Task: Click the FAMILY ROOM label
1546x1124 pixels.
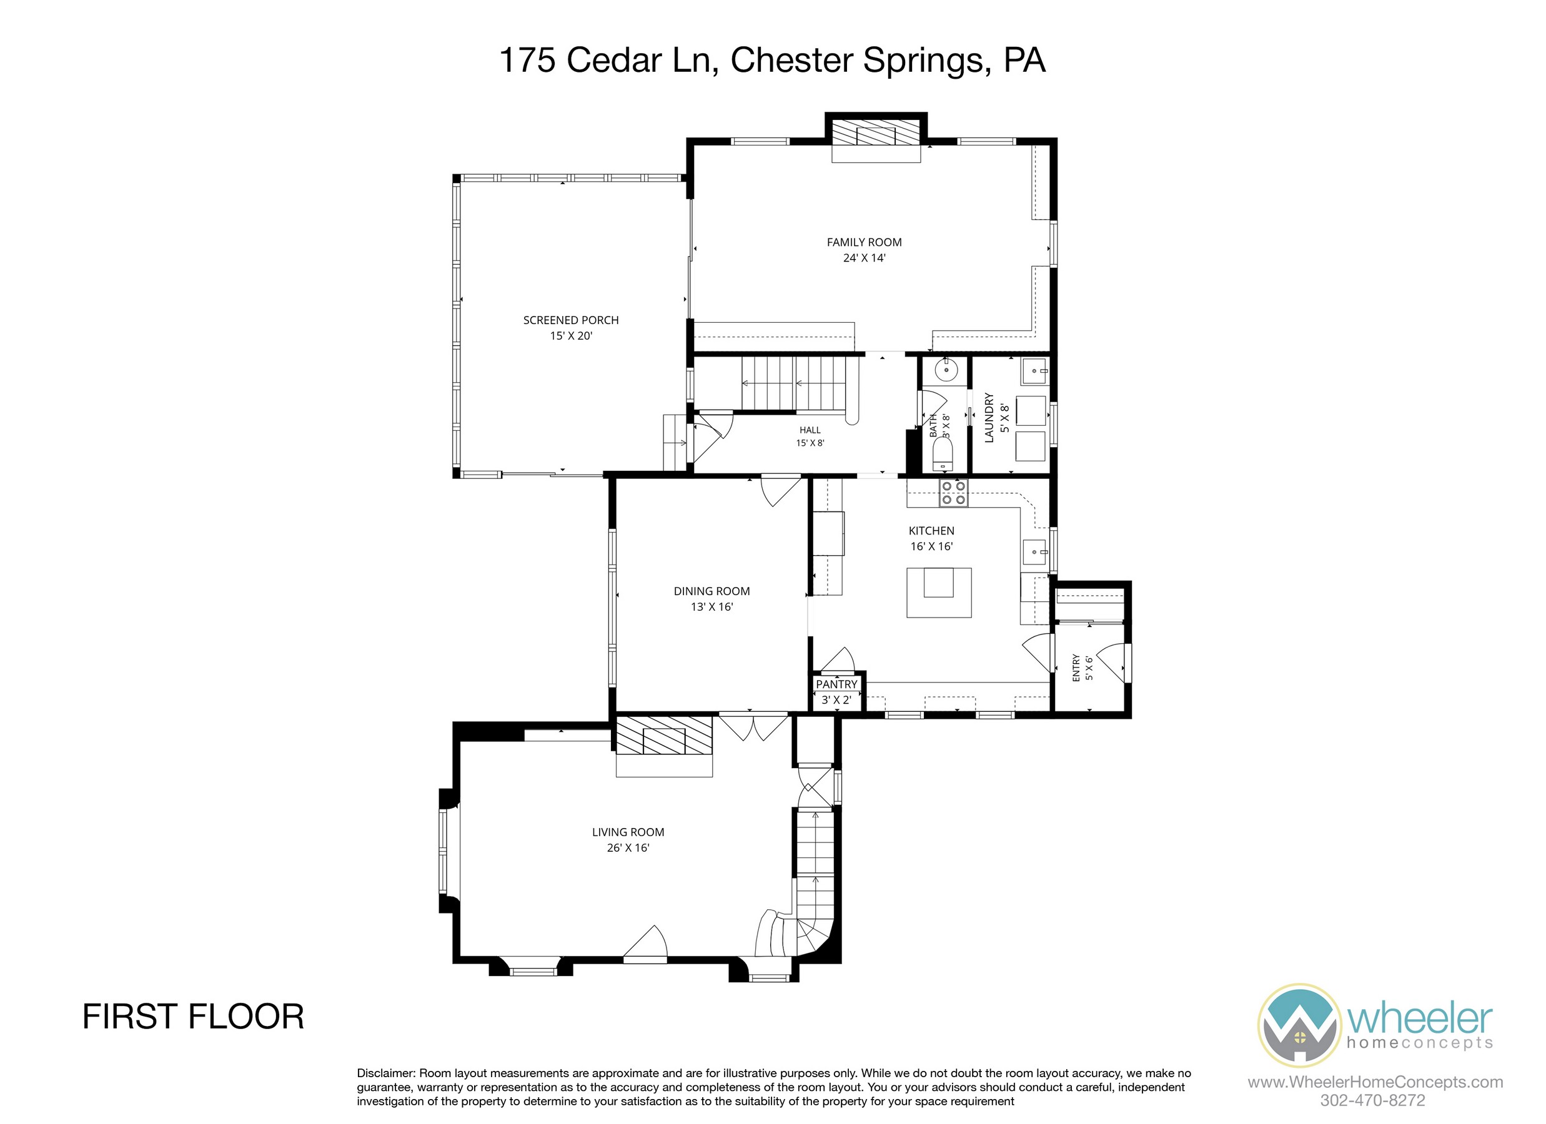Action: [864, 242]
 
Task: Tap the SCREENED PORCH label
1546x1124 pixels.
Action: [570, 320]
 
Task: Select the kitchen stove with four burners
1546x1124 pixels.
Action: [953, 493]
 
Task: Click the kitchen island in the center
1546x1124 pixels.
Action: [938, 593]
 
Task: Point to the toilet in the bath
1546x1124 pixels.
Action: [942, 453]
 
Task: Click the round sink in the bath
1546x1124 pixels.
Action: [946, 370]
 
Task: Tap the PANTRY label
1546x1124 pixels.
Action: [836, 684]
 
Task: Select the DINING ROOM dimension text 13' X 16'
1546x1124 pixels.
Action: [711, 606]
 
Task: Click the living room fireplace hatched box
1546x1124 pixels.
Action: [664, 734]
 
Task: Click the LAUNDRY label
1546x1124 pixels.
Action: [989, 418]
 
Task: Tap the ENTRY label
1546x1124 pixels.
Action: [1076, 668]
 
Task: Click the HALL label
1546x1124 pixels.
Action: [810, 430]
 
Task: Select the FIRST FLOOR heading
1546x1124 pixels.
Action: [193, 1017]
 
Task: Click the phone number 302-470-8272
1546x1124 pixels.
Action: [1372, 1100]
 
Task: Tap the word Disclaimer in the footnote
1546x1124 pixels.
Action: [386, 1073]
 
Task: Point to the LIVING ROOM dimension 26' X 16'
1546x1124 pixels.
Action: [628, 848]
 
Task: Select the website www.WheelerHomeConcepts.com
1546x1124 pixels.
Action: [1375, 1082]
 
